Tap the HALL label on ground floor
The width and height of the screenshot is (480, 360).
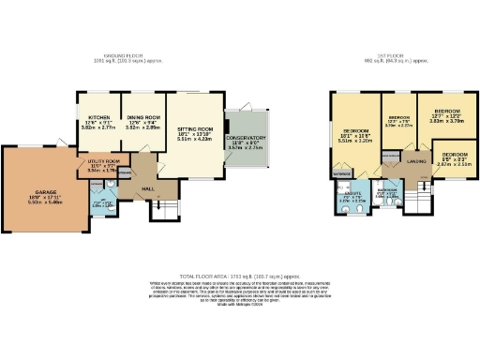pyautogui.click(x=146, y=187)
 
